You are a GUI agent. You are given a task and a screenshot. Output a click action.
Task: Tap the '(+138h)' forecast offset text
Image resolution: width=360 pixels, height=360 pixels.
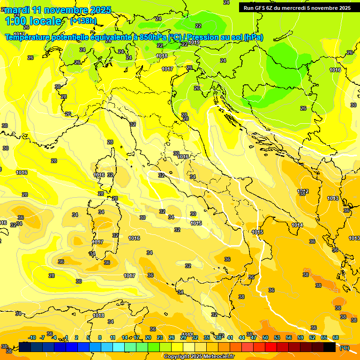pos(83,21)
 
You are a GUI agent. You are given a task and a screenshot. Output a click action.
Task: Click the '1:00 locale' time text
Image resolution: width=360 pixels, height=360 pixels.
pos(33,21)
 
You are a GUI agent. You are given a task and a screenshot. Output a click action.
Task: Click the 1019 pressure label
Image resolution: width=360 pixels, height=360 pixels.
pos(194,43)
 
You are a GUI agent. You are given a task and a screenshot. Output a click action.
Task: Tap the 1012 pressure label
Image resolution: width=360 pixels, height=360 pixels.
pos(303,191)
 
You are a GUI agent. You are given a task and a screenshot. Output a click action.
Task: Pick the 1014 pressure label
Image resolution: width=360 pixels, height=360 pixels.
pos(297,225)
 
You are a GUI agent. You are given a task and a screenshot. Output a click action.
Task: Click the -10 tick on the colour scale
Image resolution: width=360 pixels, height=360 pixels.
pos(32,337)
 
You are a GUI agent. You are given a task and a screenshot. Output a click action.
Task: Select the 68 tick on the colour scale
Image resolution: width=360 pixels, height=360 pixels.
pos(336,337)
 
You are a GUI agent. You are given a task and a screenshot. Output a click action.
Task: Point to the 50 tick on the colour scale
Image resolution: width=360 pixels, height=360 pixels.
pos(265,337)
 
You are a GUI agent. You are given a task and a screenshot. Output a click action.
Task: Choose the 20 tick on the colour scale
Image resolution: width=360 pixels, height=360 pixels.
pos(148,337)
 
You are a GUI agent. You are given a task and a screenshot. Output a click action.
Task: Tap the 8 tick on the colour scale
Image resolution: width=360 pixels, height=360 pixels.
pos(100,337)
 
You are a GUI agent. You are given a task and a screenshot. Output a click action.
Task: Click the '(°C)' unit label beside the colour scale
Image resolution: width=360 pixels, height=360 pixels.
pos(344,348)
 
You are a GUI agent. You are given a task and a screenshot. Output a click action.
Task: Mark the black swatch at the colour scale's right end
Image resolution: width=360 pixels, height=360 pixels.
pos(330,347)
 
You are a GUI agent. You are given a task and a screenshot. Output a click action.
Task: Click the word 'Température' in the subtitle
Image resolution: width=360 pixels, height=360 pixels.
pos(28,37)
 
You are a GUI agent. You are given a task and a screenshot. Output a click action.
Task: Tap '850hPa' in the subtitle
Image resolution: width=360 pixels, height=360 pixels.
pos(153,37)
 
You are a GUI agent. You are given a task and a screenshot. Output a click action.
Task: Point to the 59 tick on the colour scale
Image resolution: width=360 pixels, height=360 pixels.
pos(300,337)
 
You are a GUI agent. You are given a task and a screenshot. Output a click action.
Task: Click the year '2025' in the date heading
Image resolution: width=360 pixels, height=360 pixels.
pos(100,10)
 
